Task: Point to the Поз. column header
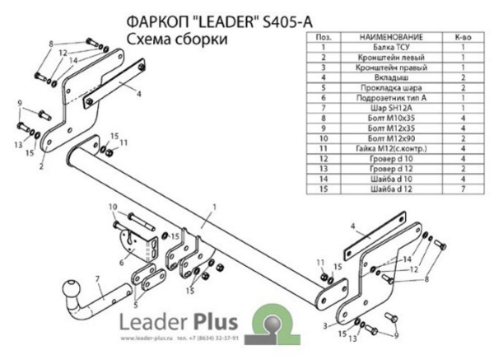[x=324, y=38]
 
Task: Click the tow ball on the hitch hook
[x=69, y=289]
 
